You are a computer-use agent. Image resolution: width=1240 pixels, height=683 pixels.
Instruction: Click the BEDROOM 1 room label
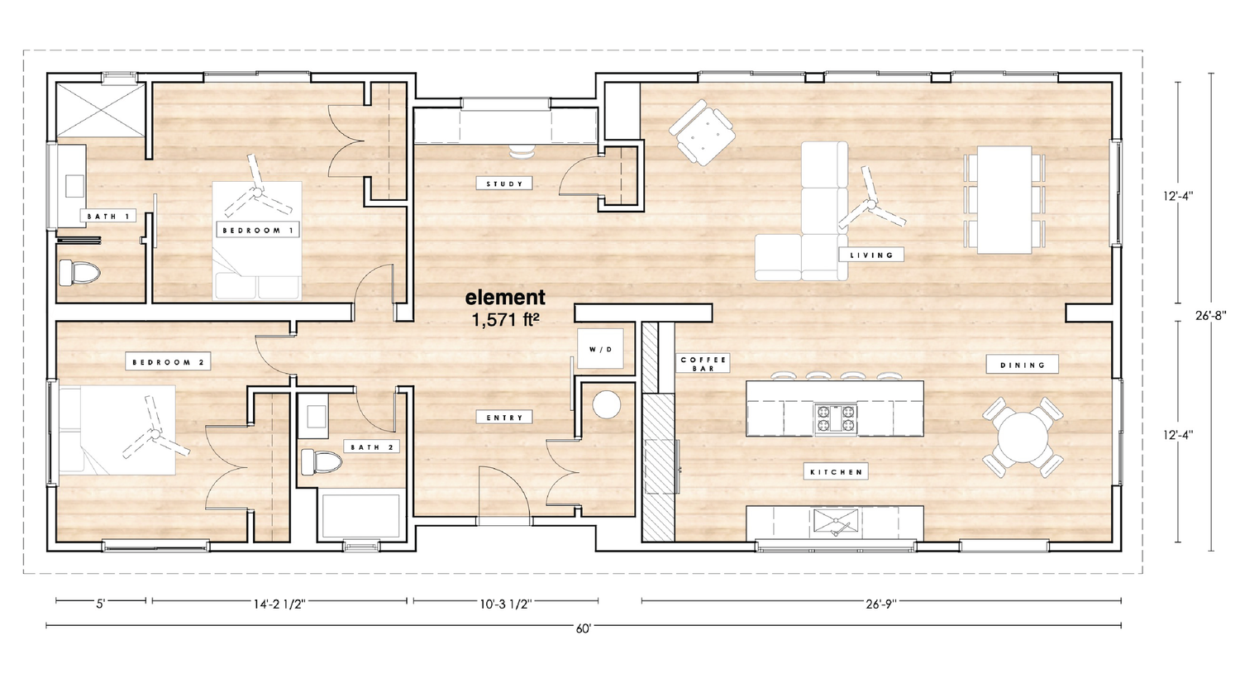click(258, 230)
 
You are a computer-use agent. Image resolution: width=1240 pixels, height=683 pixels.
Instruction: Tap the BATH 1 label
click(107, 217)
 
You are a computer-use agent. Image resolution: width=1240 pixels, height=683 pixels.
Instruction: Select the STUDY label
click(503, 184)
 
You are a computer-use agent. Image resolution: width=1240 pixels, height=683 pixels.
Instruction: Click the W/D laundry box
click(601, 349)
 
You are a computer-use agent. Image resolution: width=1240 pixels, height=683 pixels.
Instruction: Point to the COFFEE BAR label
click(703, 364)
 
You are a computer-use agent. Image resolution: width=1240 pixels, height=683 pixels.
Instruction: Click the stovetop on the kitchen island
click(836, 418)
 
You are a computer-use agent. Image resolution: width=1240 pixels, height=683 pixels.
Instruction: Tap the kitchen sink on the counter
click(836, 522)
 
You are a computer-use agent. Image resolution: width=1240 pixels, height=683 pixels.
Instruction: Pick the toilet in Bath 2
click(319, 462)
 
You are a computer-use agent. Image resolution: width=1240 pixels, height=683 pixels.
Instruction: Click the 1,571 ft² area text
click(505, 320)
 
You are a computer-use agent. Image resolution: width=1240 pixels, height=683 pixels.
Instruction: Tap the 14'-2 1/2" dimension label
click(279, 604)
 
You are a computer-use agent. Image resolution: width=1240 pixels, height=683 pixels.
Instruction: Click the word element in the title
click(505, 297)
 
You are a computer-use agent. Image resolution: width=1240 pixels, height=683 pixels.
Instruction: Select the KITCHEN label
click(836, 472)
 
